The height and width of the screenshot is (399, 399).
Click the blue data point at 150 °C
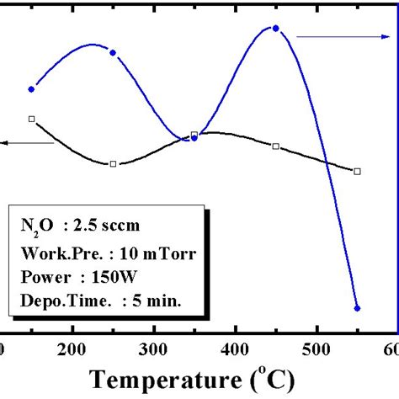[32, 88]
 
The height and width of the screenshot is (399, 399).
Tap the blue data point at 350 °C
[194, 137]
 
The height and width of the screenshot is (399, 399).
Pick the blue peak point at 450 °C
[275, 29]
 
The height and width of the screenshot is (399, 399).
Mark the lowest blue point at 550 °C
[357, 308]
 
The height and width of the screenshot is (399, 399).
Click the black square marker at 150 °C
[32, 119]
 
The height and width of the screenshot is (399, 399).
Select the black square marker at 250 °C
[114, 163]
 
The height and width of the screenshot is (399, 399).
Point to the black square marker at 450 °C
[276, 146]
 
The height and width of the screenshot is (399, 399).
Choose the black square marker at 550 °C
[357, 171]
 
